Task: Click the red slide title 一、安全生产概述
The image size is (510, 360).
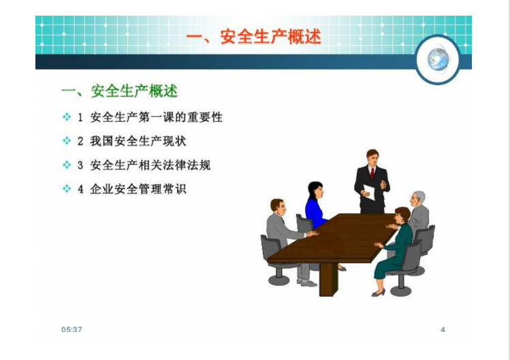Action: (254, 37)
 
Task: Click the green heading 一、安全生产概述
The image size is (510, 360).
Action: (120, 91)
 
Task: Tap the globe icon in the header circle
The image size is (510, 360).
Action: (438, 59)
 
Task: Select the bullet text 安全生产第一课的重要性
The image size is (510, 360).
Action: (157, 117)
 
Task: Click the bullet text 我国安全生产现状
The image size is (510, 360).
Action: (138, 141)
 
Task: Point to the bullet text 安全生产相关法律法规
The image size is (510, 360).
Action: (150, 165)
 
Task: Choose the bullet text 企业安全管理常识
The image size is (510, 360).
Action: (138, 189)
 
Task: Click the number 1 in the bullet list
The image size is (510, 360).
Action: (80, 118)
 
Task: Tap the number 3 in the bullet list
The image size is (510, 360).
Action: (80, 165)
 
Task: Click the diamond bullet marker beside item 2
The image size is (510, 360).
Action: (67, 141)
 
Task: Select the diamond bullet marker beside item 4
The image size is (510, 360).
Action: (67, 189)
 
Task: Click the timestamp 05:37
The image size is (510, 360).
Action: (71, 330)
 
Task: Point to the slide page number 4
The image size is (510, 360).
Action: (443, 330)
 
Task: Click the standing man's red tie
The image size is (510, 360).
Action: (372, 173)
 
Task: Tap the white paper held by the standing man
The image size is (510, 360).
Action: (369, 192)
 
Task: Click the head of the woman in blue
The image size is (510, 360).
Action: (315, 191)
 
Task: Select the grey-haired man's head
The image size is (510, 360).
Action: (417, 199)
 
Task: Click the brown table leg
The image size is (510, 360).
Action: (328, 279)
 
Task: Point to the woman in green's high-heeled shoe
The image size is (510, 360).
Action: (379, 293)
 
